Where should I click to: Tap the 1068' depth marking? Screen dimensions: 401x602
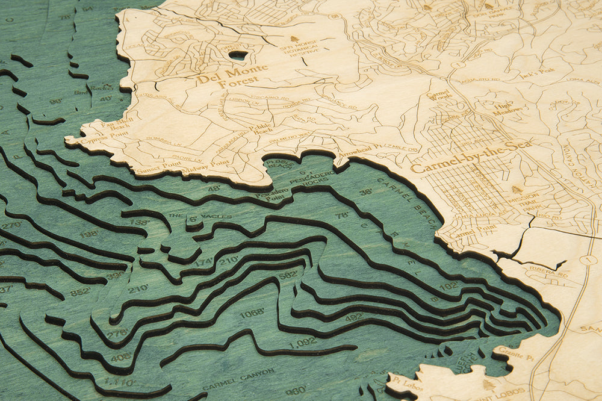252,312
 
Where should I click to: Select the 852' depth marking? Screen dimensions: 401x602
80,291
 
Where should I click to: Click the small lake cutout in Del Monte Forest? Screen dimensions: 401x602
238,55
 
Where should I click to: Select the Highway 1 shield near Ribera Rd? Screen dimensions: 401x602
590,260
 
